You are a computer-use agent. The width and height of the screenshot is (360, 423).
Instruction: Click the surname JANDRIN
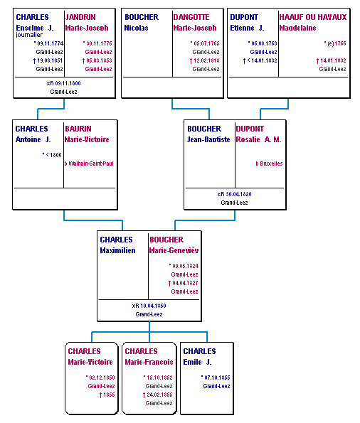[x=80, y=17]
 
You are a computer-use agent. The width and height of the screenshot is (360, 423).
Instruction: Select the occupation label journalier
[x=29, y=35]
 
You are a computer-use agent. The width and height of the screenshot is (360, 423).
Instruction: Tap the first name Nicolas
[x=136, y=28]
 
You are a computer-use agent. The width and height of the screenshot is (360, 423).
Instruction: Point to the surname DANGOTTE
[x=191, y=17]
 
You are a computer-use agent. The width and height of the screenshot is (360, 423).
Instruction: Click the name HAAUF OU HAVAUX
[x=313, y=17]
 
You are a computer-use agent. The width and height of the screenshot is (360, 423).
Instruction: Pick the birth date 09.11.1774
[x=51, y=43]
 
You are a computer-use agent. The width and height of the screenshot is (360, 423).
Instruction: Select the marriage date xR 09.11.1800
[x=64, y=83]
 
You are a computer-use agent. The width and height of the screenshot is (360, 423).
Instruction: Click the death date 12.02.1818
[x=206, y=60]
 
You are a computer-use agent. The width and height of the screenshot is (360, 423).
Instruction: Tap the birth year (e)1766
[x=337, y=43]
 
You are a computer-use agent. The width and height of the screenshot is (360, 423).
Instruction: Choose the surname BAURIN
[x=78, y=129]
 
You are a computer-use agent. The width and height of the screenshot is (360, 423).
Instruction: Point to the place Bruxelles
[x=271, y=164]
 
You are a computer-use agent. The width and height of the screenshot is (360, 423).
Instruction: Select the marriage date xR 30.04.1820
[x=234, y=194]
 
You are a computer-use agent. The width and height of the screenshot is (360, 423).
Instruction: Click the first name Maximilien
[x=118, y=250]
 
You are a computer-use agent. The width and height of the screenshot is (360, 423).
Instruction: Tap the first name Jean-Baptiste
[x=208, y=139]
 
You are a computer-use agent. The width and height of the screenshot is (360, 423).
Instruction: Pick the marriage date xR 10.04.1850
[x=149, y=306]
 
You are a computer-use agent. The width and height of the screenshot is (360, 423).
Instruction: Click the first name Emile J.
[x=197, y=362]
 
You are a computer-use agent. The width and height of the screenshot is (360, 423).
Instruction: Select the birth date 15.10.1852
[x=159, y=378]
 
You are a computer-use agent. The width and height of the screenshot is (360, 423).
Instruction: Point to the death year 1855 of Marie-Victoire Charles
[x=109, y=395]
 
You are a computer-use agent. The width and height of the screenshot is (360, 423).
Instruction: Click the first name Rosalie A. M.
[x=258, y=139]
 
